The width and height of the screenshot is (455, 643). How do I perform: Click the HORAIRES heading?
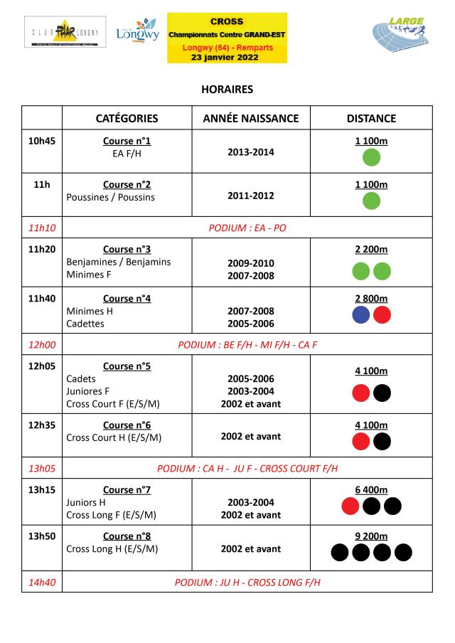pos(227,90)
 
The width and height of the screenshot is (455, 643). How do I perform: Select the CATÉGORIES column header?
pos(127,118)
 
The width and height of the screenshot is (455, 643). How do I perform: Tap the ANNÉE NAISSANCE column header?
pos(251,118)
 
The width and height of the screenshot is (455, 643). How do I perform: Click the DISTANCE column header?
pos(371,118)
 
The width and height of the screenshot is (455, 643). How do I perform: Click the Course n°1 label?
pos(127,141)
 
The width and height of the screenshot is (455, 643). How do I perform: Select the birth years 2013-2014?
pos(250,152)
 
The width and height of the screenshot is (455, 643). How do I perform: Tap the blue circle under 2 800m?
pos(361,315)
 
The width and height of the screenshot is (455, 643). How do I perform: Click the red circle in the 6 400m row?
pos(350,506)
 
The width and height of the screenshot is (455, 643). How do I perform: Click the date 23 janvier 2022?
pos(227,57)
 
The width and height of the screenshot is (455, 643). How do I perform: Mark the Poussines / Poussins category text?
pos(110,197)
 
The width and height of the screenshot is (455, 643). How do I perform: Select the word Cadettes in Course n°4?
pos(85,324)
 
